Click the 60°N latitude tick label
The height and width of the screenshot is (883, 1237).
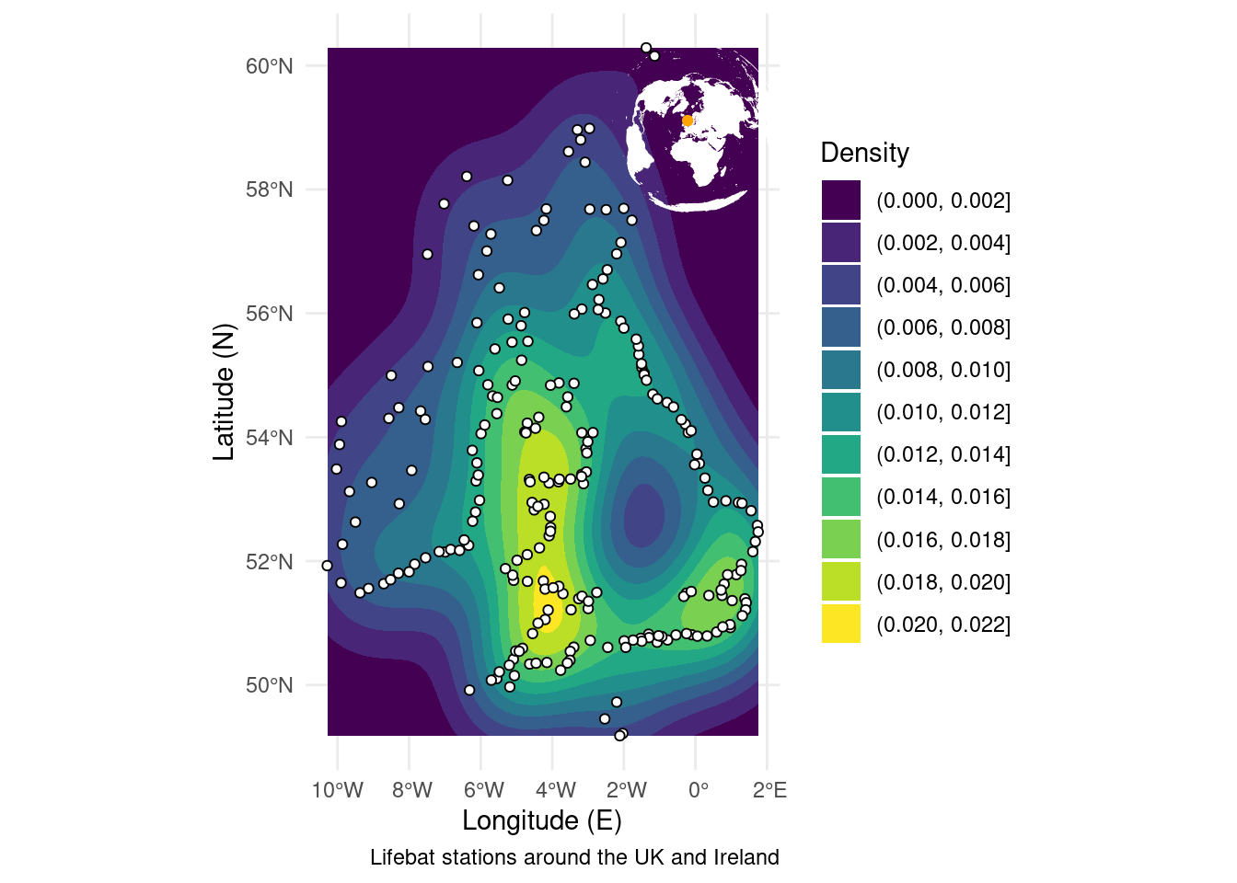(x=269, y=66)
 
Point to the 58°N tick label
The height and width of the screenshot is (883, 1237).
(x=269, y=190)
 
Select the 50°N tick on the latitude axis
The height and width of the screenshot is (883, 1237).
(x=269, y=685)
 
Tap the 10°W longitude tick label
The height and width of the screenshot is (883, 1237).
(x=338, y=790)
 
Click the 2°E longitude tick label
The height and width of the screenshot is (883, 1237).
(x=769, y=790)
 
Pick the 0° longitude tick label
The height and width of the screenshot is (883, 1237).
(x=698, y=790)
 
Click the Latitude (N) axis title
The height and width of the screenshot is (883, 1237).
(x=225, y=392)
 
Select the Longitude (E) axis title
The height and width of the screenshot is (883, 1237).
(x=542, y=820)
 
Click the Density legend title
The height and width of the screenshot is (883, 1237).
(x=864, y=153)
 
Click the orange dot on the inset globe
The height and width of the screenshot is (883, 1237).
(x=688, y=120)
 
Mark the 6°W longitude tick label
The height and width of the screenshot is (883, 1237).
(x=483, y=790)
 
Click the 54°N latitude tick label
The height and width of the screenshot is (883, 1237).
(x=269, y=438)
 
